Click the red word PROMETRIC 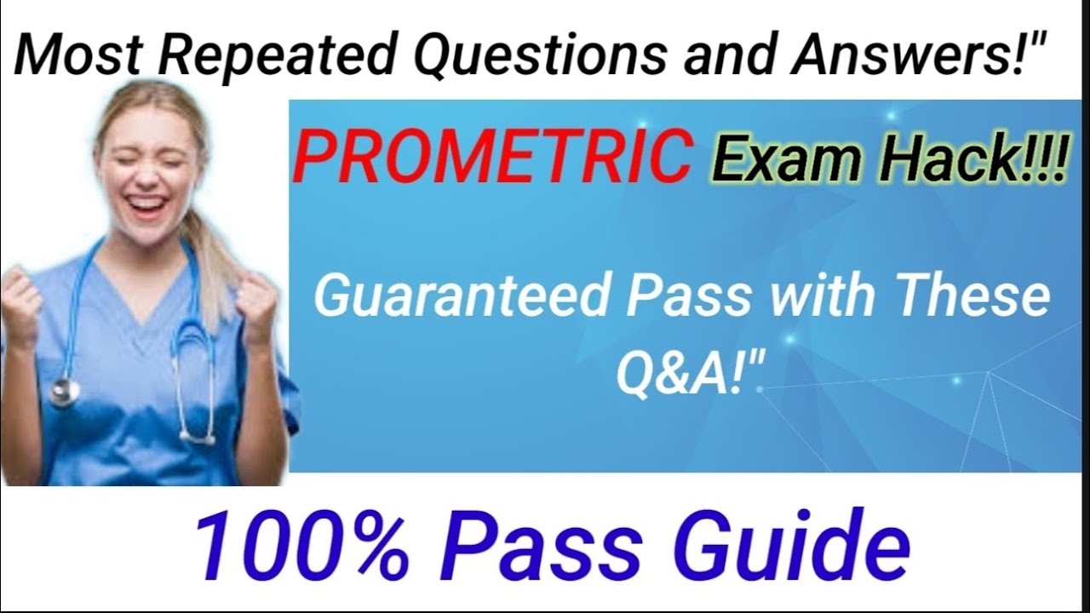tap(491, 157)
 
